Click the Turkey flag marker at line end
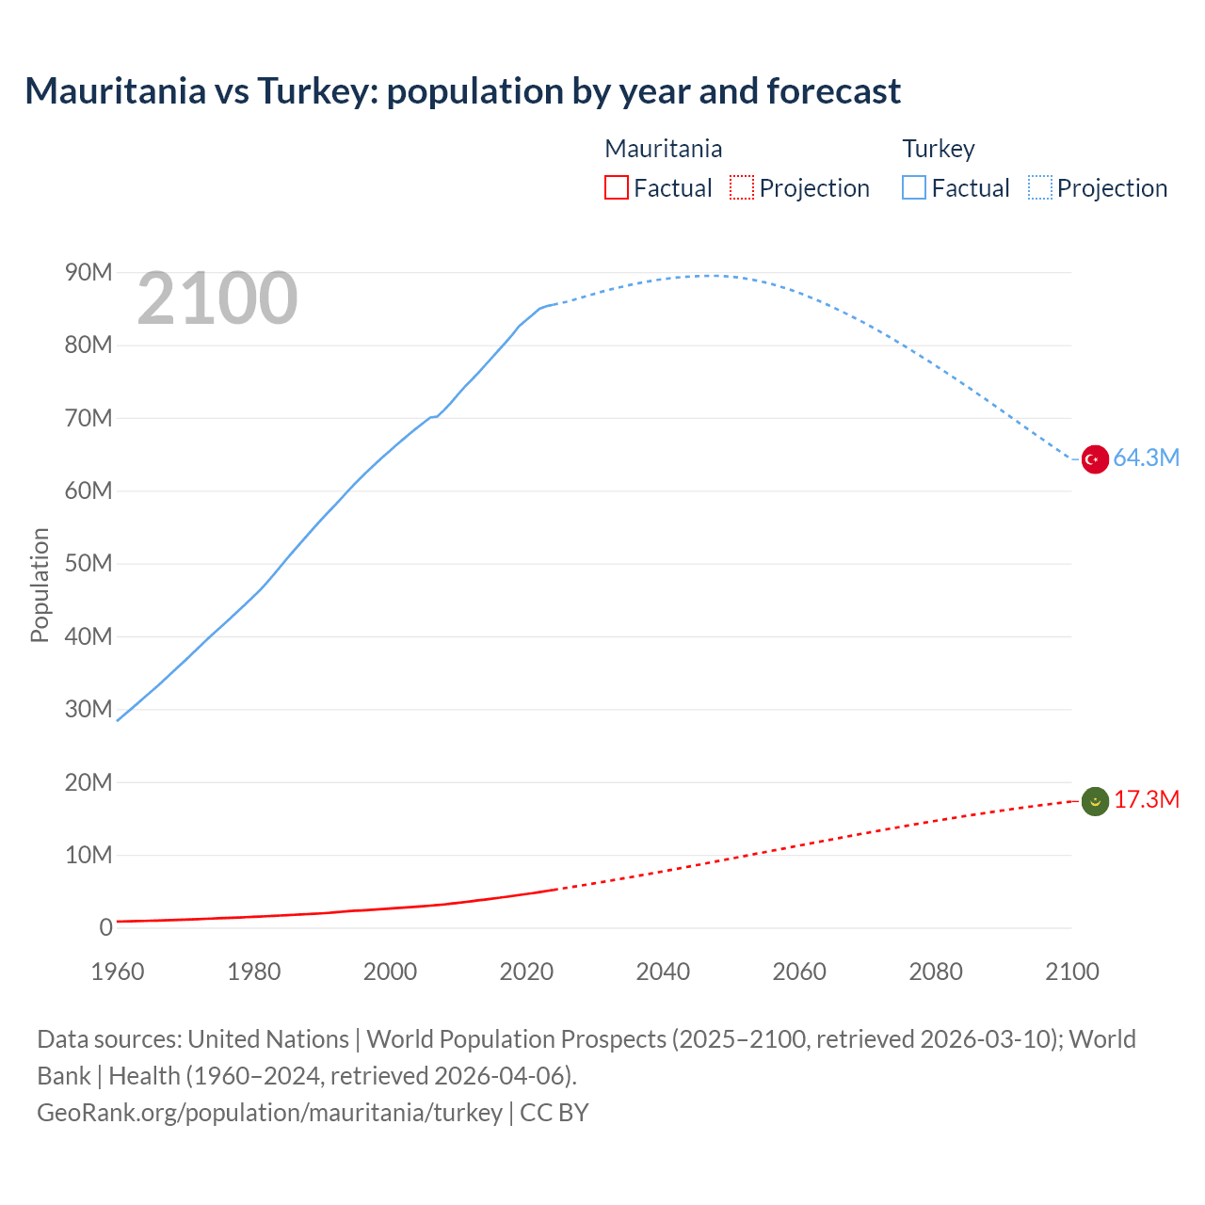1094,459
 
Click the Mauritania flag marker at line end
1094,801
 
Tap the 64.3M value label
1146,458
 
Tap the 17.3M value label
1146,800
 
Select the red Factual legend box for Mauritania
616,187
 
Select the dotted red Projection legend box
742,187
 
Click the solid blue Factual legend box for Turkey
914,187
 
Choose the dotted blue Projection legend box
1039,187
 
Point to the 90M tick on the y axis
88,273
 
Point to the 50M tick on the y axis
88,564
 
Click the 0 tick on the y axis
105,928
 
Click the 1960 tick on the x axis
118,972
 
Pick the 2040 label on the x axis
663,972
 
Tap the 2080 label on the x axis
936,972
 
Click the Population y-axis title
40,585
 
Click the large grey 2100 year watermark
217,299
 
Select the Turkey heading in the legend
938,149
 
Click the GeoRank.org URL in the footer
269,1113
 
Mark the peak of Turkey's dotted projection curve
708,276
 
